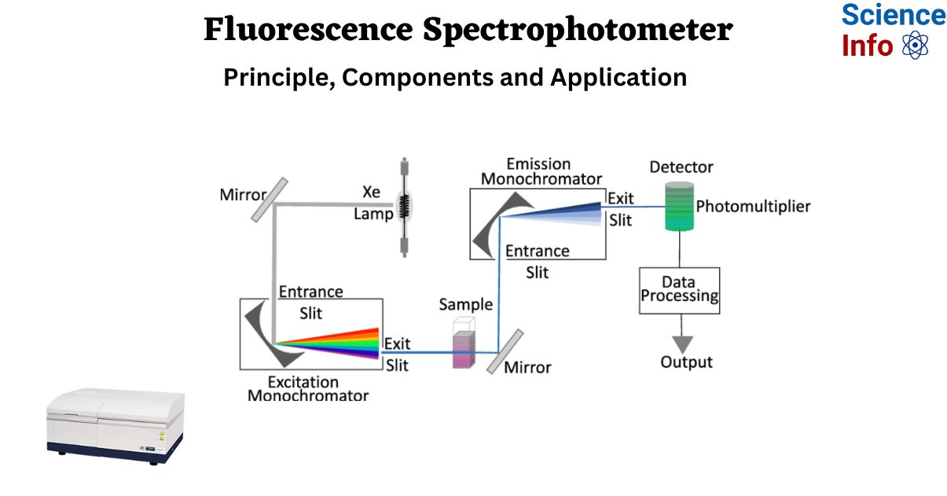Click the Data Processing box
point(679,290)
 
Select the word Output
point(686,362)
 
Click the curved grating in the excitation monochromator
point(261,335)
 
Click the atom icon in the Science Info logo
point(916,45)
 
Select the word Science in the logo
point(893,15)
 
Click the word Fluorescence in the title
point(308,31)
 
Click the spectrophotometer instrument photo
point(115,425)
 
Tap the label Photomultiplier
point(753,207)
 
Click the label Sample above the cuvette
point(466,304)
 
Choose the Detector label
point(681,167)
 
